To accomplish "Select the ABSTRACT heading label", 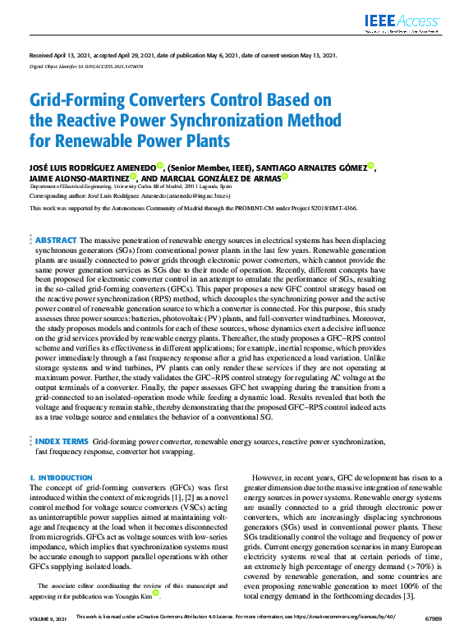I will coord(57,240).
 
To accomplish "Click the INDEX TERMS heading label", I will coord(62,441).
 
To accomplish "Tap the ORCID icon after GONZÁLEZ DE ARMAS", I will coord(285,176).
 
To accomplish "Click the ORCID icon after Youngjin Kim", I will coord(157,593).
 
